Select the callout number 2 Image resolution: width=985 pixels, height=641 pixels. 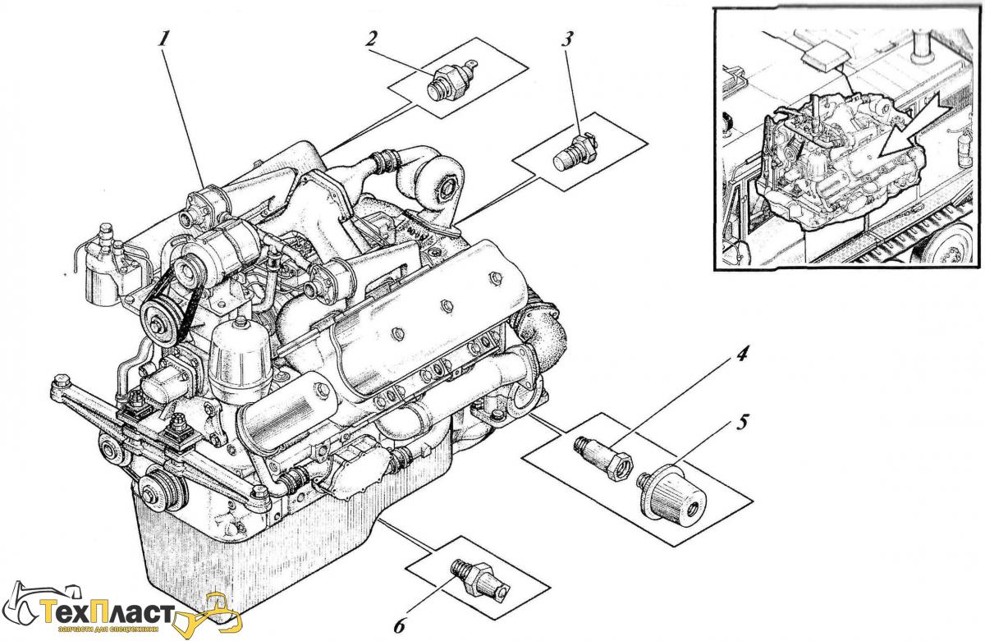(x=372, y=39)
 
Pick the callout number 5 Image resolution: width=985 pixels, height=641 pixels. (x=742, y=424)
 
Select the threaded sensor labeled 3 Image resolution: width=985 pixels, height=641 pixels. (x=571, y=152)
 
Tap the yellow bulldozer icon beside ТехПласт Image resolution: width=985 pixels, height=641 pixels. (x=215, y=611)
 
